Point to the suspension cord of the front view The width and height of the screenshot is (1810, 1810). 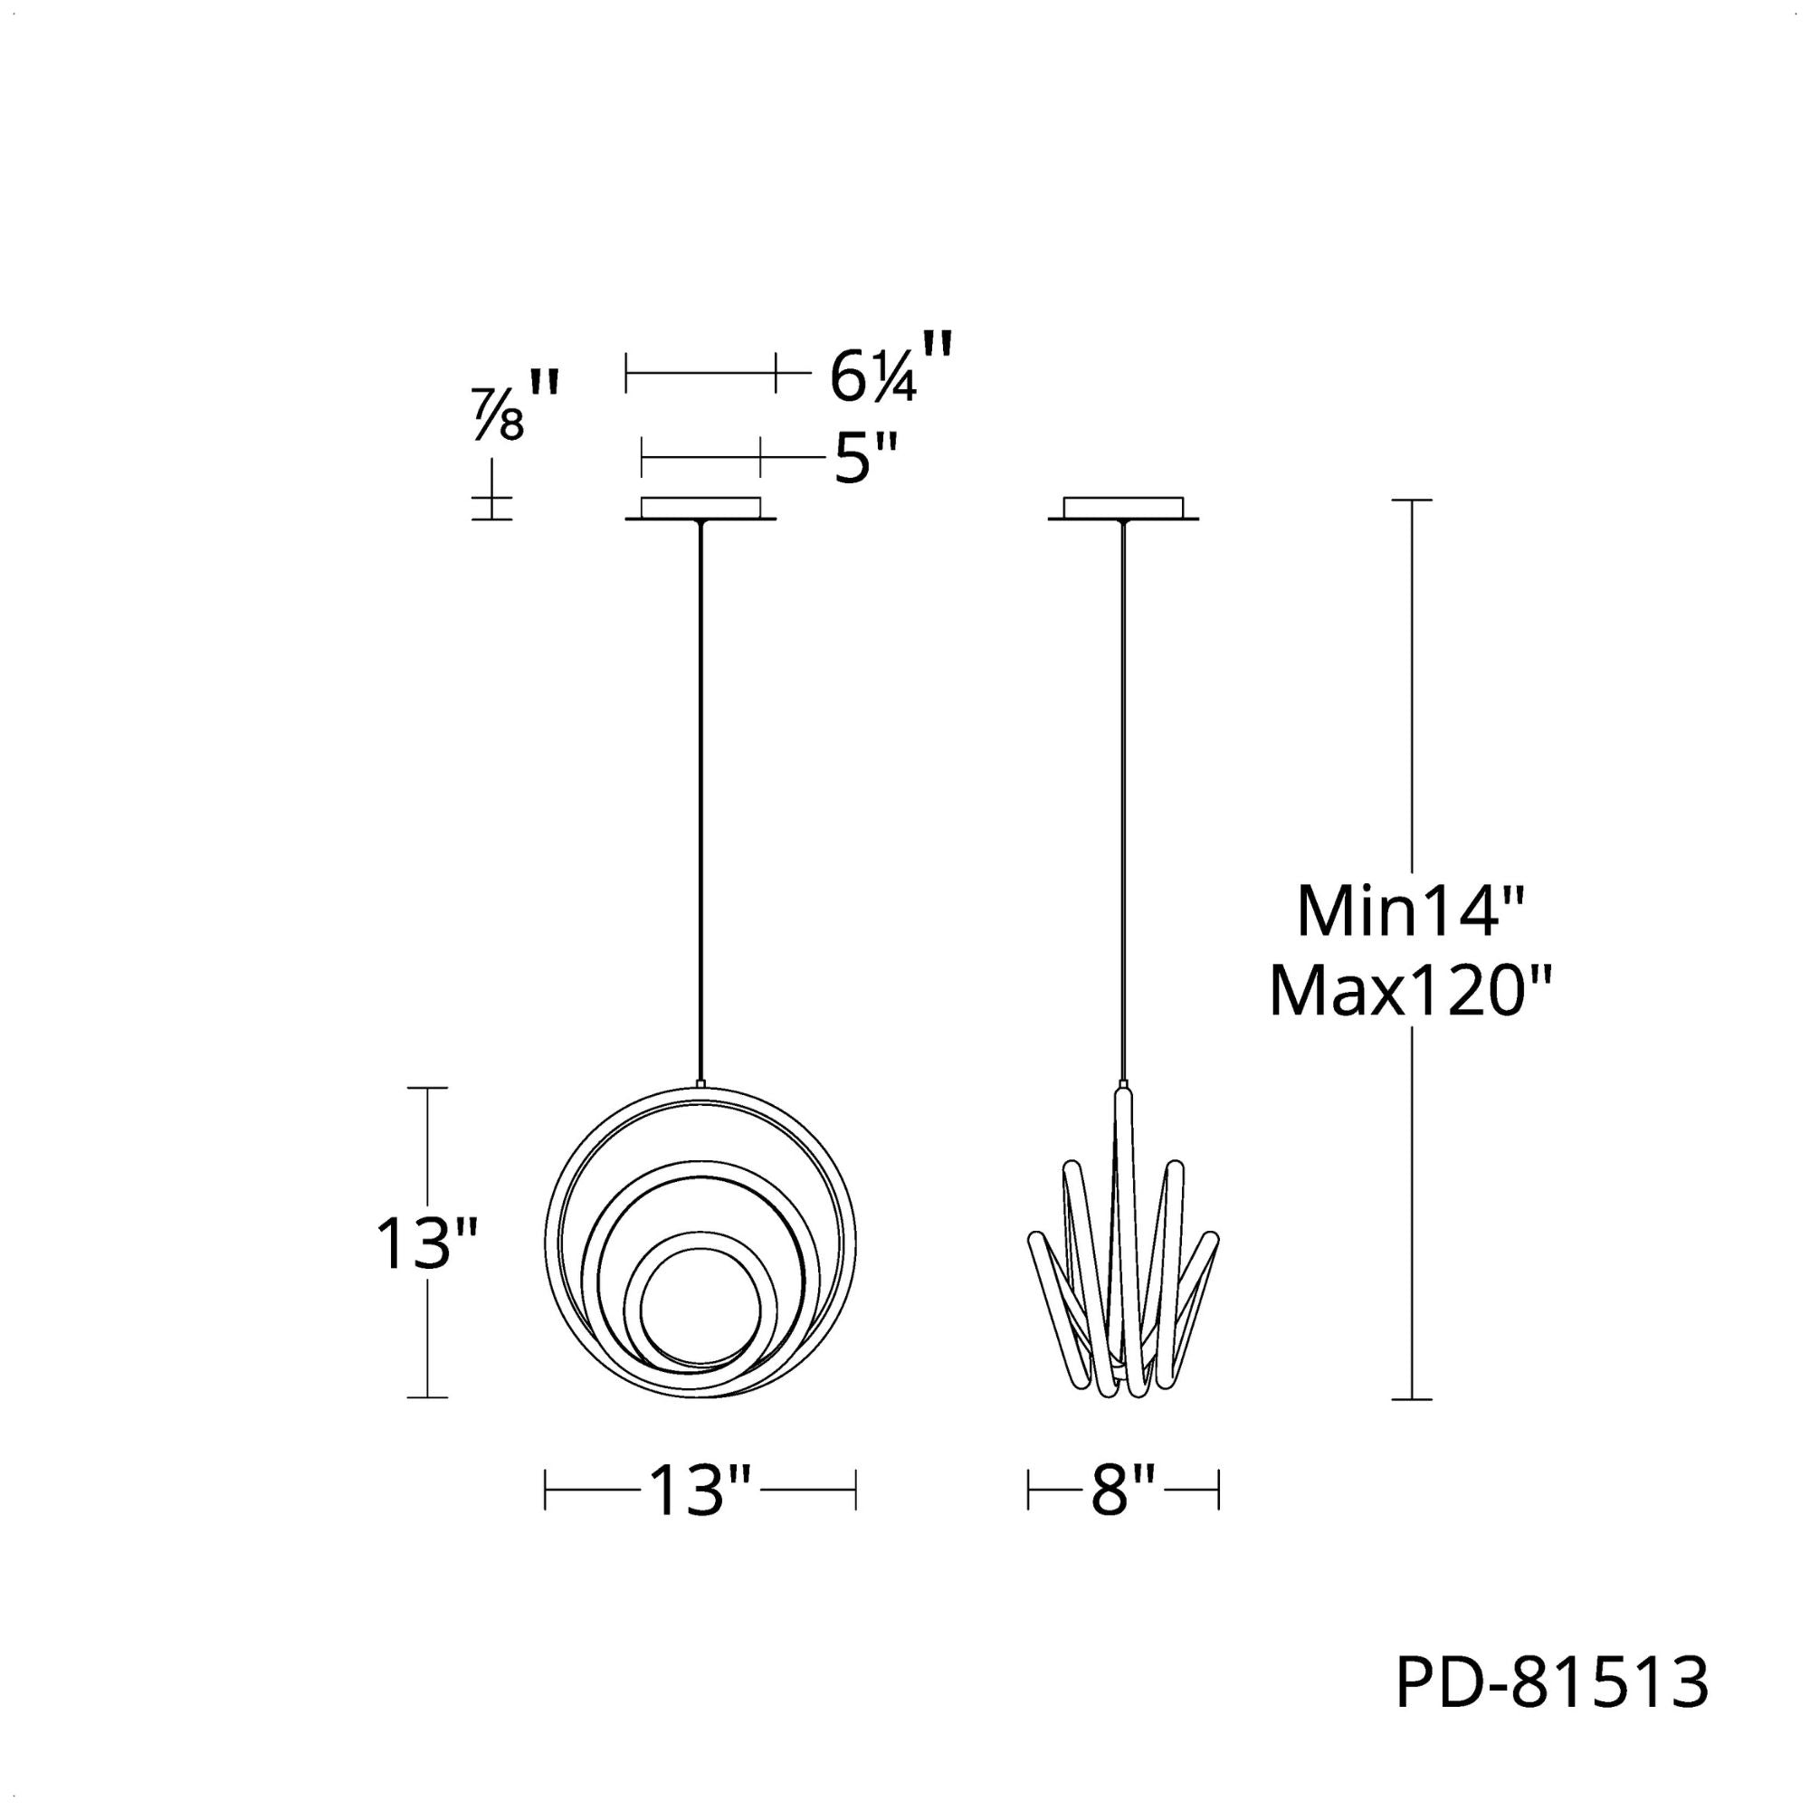coord(700,796)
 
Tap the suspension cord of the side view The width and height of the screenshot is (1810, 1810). coord(1122,796)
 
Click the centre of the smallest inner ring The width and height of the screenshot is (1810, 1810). coord(699,1309)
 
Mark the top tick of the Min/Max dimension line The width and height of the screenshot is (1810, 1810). coord(1412,501)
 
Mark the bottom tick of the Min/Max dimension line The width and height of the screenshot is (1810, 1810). coord(1412,1426)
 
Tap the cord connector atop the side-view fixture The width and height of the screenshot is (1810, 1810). coord(1122,1091)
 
